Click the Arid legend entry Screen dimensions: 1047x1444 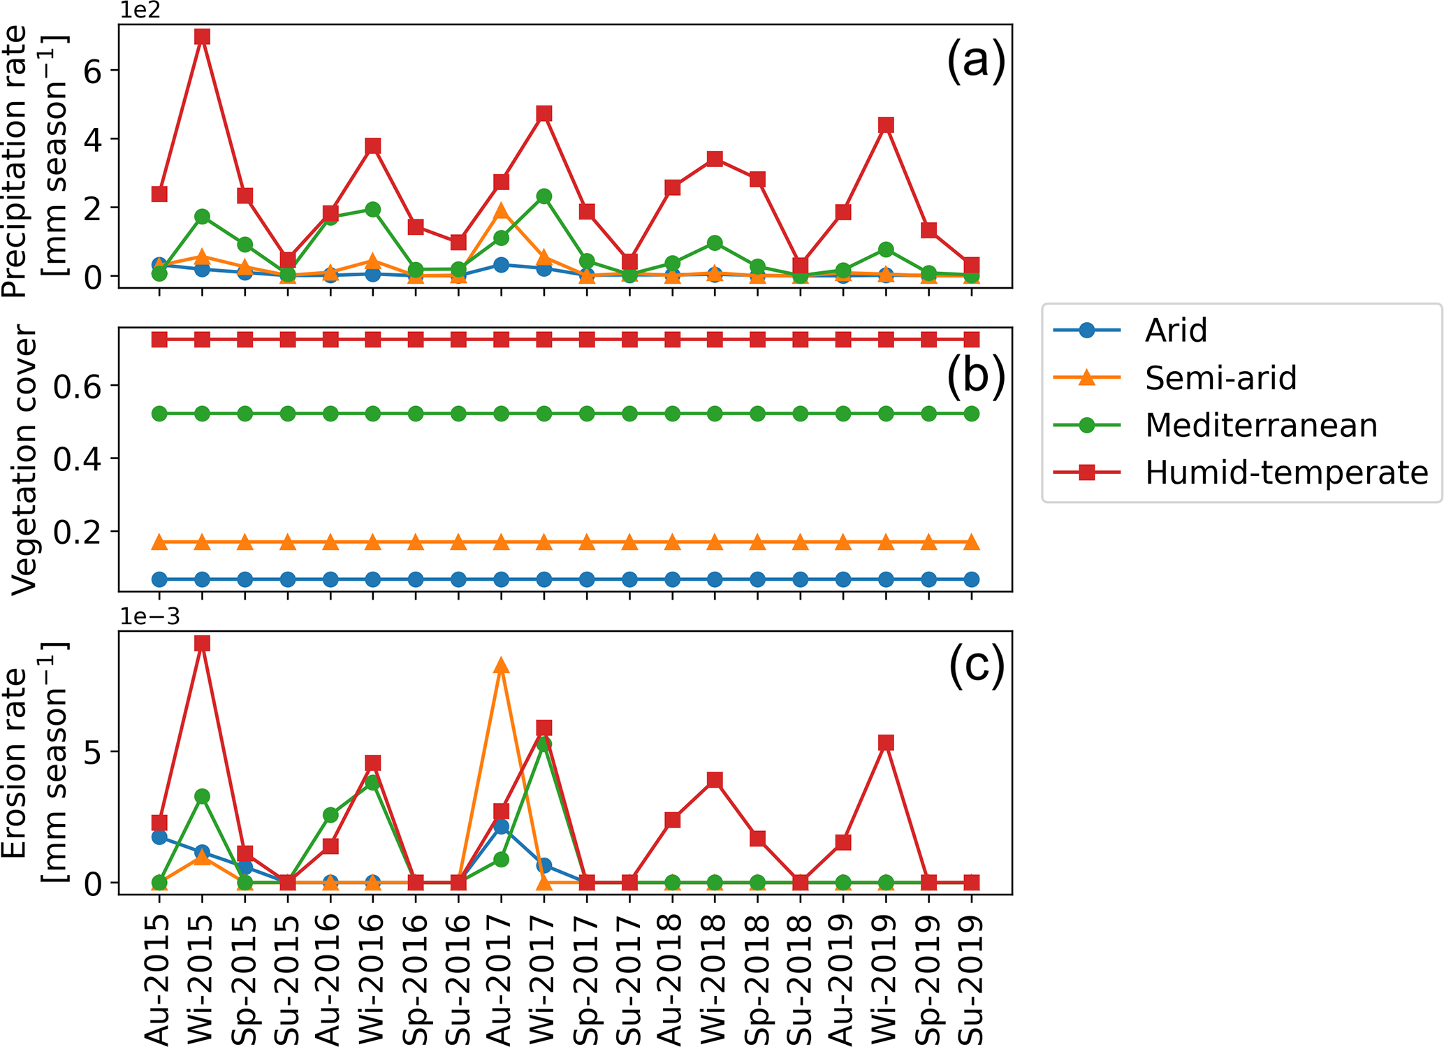pos(1176,331)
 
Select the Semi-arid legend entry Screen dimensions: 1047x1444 pos(1220,378)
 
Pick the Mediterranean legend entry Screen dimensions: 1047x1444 pos(1260,426)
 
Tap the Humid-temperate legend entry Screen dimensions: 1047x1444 pos(1286,473)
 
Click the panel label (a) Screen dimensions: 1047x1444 pos(975,60)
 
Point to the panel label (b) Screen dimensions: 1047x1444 pos(975,375)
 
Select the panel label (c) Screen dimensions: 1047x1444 pos(976,665)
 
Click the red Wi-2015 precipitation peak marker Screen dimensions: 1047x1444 pos(203,36)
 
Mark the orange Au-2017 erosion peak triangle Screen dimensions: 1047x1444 pos(502,665)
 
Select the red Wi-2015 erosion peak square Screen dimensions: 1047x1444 pos(203,643)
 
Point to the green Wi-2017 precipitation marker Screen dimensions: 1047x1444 pos(544,196)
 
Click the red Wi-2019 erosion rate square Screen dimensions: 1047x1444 pos(886,742)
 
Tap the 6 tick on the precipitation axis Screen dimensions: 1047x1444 pos(92,71)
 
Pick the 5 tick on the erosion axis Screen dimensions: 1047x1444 pos(92,752)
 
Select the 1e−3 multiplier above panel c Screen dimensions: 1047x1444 pos(149,616)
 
